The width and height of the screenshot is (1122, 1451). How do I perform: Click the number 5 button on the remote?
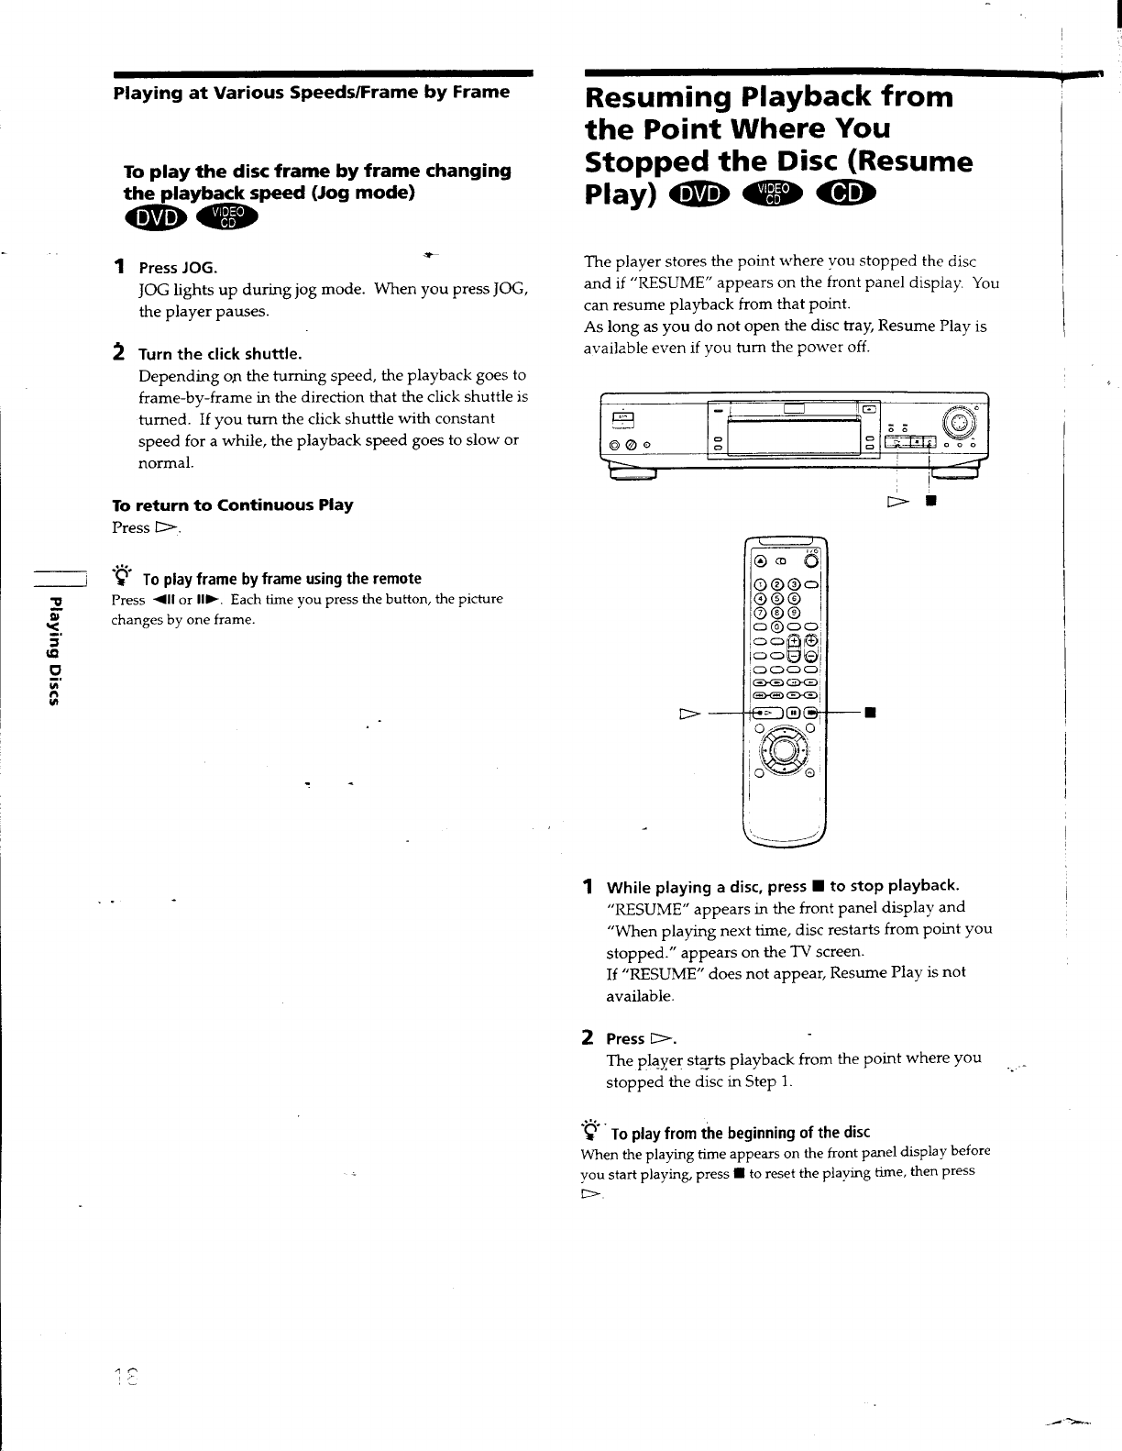[778, 600]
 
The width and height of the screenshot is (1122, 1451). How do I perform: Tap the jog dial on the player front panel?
[960, 423]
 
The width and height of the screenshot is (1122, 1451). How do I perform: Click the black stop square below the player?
[929, 504]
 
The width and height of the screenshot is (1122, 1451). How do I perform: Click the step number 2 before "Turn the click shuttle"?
[118, 352]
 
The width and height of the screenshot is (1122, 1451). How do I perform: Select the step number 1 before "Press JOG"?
[119, 267]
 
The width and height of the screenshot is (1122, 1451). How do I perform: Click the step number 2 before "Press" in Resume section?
[587, 1037]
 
